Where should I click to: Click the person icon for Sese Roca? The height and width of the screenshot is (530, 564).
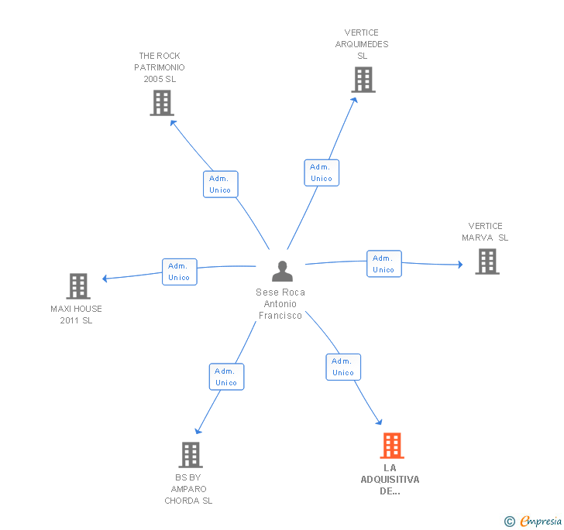pos(282,271)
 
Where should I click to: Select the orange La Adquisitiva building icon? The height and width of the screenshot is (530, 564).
pos(392,446)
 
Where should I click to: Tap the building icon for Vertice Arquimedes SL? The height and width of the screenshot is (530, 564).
pos(363,80)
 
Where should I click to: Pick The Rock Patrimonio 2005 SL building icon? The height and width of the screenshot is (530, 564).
pos(162,103)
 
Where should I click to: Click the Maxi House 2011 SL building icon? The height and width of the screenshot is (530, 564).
pos(78,286)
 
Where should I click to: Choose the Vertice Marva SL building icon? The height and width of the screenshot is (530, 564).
pos(487,262)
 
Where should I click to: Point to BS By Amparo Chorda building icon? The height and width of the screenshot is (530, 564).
pos(191,455)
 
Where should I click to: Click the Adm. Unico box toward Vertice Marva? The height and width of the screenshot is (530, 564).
pos(384,264)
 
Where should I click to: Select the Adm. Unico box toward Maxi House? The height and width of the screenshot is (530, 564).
pos(180,272)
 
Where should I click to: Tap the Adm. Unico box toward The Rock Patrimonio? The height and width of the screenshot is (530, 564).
pos(221,184)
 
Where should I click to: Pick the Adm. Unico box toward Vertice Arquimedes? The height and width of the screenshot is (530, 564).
pos(322,173)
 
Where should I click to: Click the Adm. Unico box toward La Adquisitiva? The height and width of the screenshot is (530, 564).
pos(343,368)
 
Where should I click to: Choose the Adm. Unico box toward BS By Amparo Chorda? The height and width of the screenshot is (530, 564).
pos(226,377)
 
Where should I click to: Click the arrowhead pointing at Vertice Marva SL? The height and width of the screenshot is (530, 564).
pos(460,265)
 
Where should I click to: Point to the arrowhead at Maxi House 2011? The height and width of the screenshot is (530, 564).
pos(105,279)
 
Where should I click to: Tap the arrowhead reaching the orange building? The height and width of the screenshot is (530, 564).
pos(379,422)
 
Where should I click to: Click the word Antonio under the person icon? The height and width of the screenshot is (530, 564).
pos(280,304)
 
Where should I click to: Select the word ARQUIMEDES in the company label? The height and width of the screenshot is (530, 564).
pos(362,44)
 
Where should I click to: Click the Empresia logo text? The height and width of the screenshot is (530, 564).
pos(541,521)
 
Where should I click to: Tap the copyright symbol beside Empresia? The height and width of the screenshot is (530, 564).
pos(510,521)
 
